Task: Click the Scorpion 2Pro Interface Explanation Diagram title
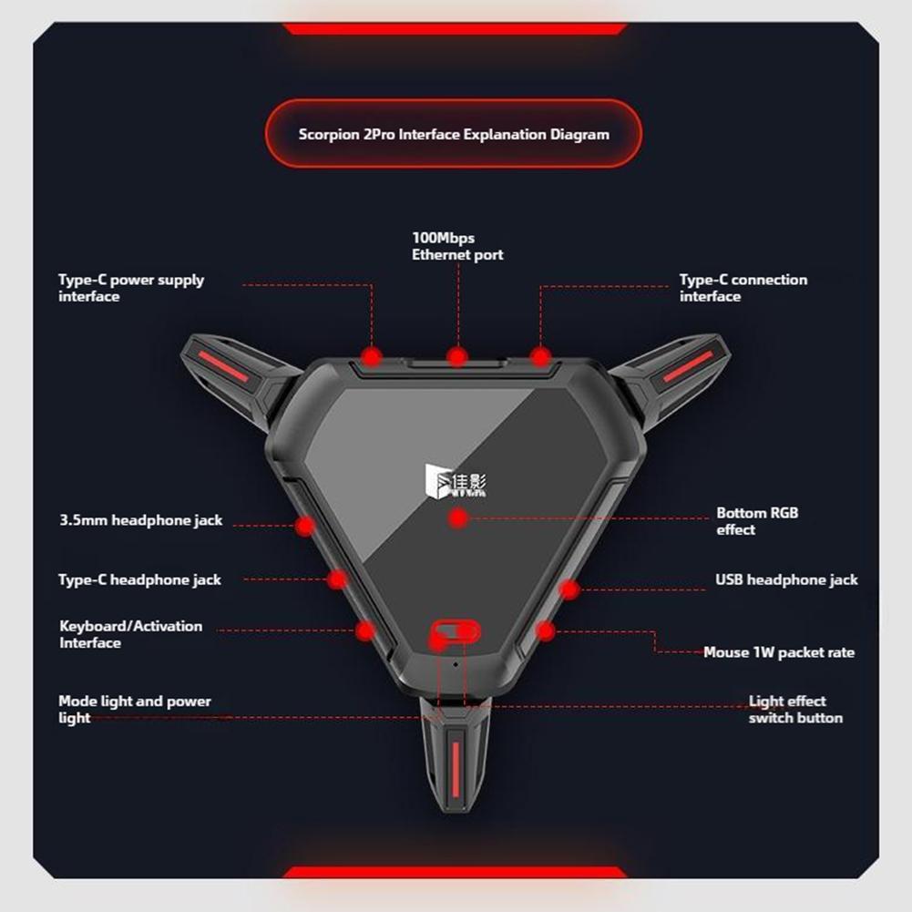[454, 134]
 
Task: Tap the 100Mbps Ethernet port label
[457, 246]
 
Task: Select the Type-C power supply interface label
[131, 288]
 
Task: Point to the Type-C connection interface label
[743, 288]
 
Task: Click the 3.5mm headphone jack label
[140, 520]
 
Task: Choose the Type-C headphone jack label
[139, 579]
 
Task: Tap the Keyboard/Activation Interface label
[131, 634]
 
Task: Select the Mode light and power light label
[134, 709]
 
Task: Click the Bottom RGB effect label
[757, 521]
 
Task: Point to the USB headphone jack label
[786, 579]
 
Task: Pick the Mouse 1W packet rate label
[779, 652]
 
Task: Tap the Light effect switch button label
[795, 709]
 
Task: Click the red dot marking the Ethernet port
[457, 356]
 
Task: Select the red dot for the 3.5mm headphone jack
[305, 526]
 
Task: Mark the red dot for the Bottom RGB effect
[458, 517]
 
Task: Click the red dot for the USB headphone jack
[569, 589]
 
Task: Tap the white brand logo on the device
[456, 481]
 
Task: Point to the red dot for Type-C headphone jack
[337, 579]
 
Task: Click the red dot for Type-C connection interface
[540, 356]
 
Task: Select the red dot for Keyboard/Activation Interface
[365, 630]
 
